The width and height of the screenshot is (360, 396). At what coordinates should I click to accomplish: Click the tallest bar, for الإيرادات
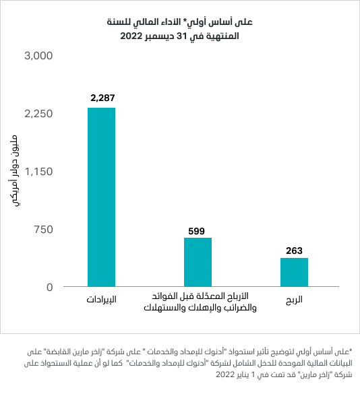[101, 197]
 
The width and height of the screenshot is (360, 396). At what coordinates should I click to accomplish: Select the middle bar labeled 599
[198, 262]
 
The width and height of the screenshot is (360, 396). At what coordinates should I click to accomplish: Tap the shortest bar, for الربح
[294, 272]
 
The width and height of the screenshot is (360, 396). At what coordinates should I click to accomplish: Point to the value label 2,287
[102, 98]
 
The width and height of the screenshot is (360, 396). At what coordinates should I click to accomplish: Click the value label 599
[196, 231]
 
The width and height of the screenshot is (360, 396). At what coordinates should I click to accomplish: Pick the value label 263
[294, 251]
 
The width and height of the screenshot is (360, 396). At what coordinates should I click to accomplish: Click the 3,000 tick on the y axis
[38, 56]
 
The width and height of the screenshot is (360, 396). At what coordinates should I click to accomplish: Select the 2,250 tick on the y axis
[38, 114]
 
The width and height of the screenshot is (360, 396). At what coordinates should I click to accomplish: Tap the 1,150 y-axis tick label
[38, 172]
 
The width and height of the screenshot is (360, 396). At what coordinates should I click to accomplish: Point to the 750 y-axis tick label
[43, 230]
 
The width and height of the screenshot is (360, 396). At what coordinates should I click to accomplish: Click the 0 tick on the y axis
[50, 288]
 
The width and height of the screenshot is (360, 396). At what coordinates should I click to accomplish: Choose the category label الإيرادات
[101, 300]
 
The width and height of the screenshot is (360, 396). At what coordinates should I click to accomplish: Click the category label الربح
[294, 300]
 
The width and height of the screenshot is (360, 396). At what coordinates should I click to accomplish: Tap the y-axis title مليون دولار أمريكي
[13, 171]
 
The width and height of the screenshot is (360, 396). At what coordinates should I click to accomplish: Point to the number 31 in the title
[181, 36]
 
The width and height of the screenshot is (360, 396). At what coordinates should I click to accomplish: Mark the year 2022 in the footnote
[225, 374]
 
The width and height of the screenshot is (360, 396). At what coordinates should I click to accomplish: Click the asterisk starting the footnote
[351, 350]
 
